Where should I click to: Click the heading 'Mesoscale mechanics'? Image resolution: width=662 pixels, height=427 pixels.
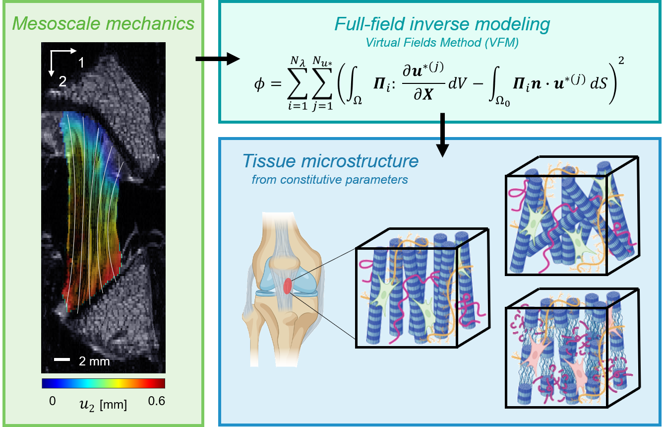coord(103,23)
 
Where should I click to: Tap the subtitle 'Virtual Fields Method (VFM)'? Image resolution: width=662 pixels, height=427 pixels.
coord(442,43)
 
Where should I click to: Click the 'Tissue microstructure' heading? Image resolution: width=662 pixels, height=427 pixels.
coord(330,161)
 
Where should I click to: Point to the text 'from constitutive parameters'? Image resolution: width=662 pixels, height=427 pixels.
coord(330,179)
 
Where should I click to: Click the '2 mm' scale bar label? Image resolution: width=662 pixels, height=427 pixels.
coord(94,361)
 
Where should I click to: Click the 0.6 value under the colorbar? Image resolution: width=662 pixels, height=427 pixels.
coord(156,401)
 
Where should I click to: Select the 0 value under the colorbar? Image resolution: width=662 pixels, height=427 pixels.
coord(52,401)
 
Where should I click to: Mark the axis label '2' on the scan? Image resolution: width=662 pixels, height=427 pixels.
coord(62,82)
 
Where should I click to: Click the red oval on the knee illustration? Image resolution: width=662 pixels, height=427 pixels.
coord(288,286)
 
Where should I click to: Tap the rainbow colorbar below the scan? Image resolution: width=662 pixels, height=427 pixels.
coord(103,383)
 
